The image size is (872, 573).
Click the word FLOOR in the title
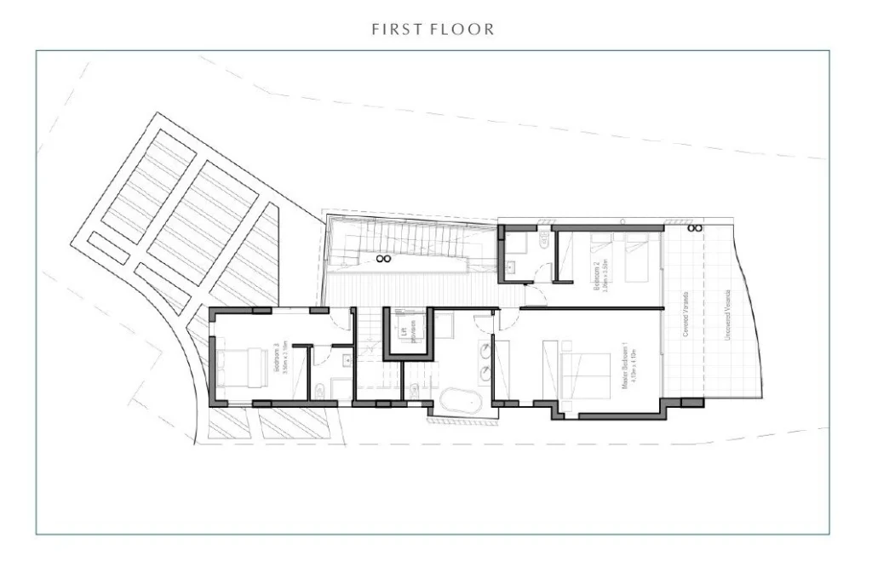pyautogui.click(x=466, y=30)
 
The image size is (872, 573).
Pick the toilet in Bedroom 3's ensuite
pyautogui.click(x=318, y=392)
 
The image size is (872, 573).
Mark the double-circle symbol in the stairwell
pyautogui.click(x=383, y=258)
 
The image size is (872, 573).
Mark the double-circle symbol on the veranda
pyautogui.click(x=695, y=228)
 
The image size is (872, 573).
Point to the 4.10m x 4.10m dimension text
pyautogui.click(x=633, y=368)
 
